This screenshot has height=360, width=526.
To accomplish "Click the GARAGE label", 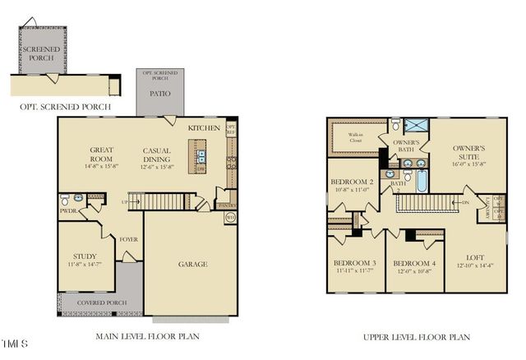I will [192, 264].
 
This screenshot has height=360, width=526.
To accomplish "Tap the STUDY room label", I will [85, 256].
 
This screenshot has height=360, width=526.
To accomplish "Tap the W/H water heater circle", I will [230, 218].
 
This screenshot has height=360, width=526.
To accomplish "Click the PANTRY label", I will [225, 205].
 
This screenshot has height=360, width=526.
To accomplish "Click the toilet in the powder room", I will [65, 200].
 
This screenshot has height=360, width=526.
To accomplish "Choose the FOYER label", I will [127, 240].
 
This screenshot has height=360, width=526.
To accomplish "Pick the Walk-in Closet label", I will [355, 136].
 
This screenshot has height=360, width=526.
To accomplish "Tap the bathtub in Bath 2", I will [421, 180].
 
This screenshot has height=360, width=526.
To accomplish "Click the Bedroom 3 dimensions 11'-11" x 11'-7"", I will [355, 270].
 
